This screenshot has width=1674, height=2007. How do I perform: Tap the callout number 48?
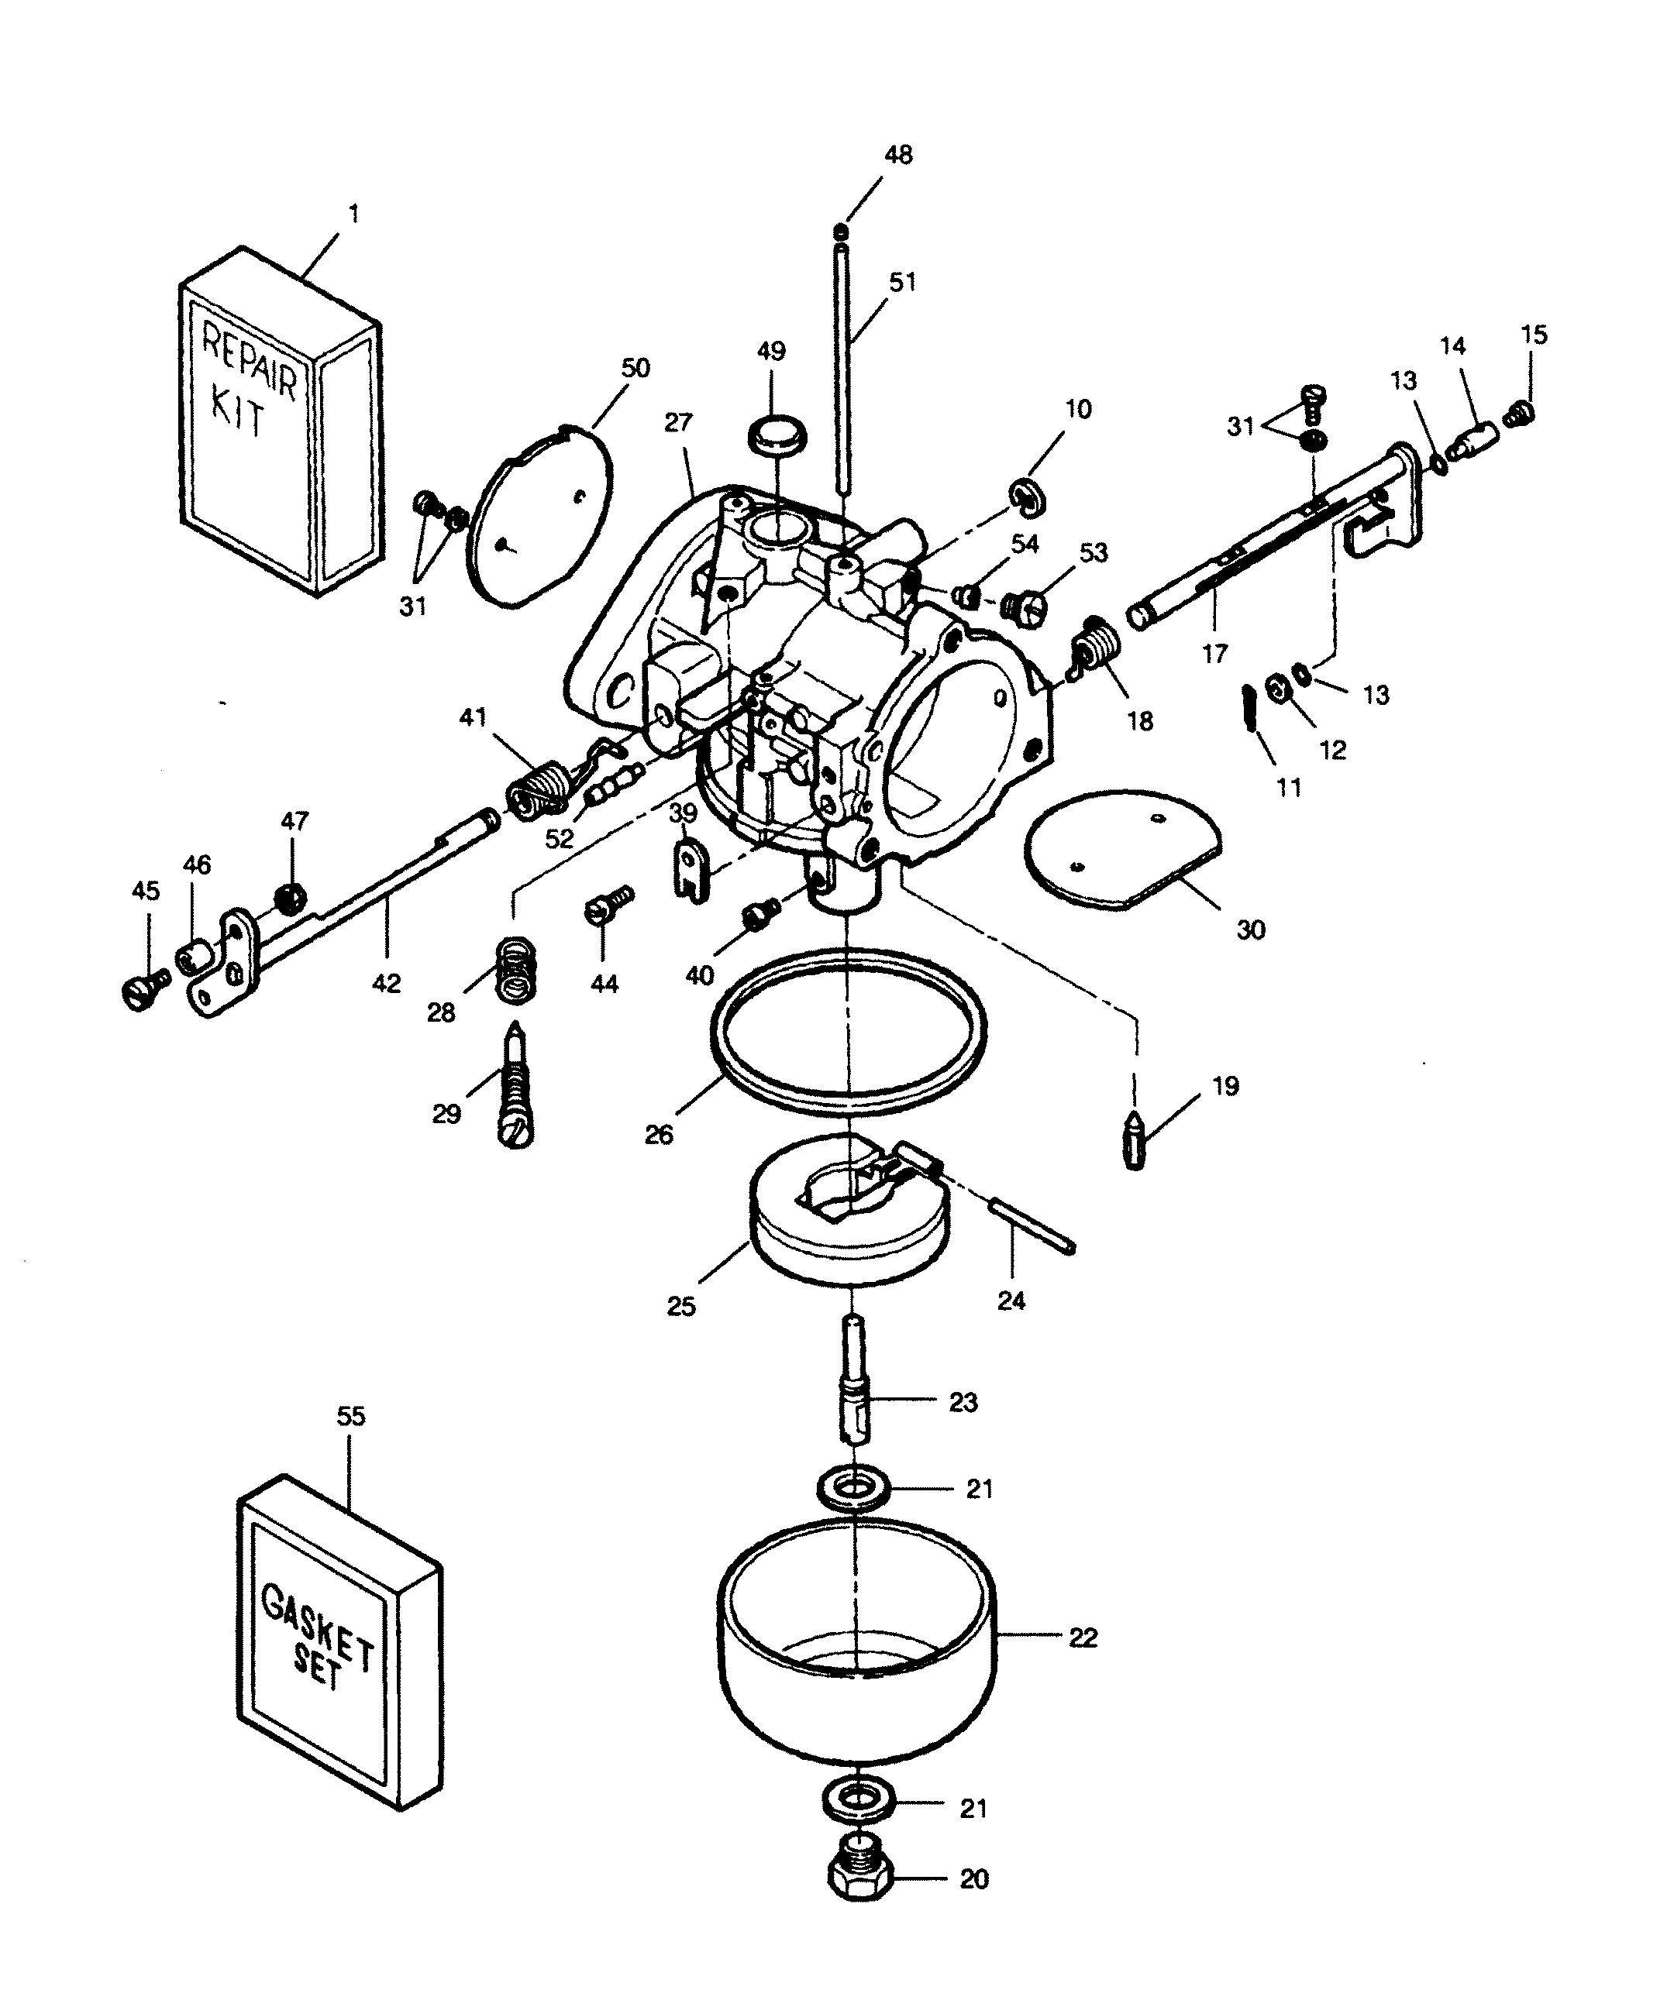click(897, 155)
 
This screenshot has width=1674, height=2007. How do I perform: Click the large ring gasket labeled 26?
click(849, 1033)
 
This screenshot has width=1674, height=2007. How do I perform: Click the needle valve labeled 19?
click(1135, 1139)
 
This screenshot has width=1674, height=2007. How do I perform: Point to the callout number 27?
click(678, 422)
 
